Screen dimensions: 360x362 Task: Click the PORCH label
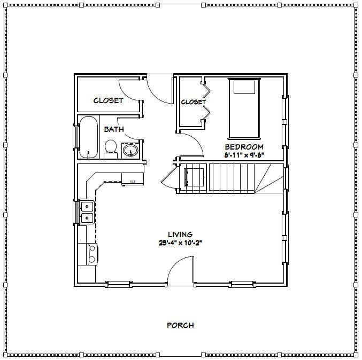coord(180,325)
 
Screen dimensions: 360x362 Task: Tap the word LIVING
coord(180,234)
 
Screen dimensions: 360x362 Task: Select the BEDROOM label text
coord(244,147)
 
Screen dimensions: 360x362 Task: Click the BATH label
coord(114,129)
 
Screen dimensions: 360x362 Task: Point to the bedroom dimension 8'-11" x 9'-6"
coord(244,155)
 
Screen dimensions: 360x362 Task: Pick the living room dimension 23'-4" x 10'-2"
coord(180,242)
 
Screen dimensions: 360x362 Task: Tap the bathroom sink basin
coord(130,151)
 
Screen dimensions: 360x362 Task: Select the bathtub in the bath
coord(88,137)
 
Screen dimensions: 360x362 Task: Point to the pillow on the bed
coord(244,87)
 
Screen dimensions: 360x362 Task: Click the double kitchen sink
coord(86,212)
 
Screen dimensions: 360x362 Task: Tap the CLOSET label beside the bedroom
coord(193,102)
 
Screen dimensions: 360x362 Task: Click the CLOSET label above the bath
coord(109,100)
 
